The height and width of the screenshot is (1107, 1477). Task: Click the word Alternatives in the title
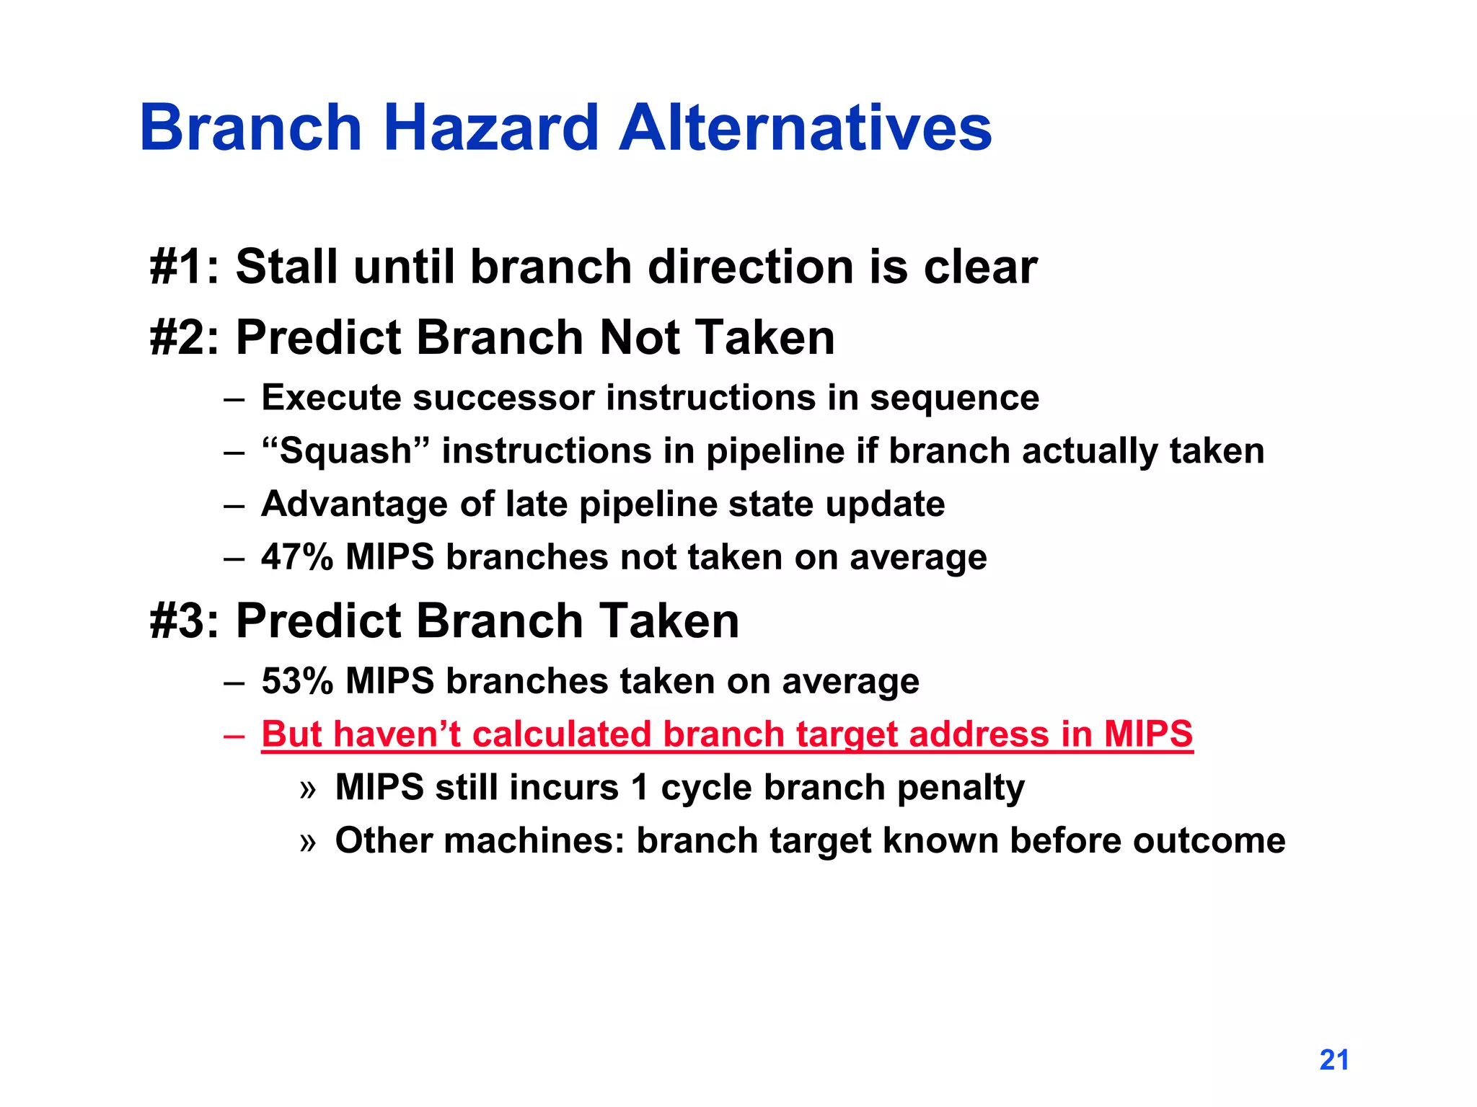805,128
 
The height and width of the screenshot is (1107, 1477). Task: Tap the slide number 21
1333,1059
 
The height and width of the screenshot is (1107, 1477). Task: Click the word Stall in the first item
286,267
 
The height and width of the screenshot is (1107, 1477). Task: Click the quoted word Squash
345,451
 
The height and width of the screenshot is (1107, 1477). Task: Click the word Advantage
354,504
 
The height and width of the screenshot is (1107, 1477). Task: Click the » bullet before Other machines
308,841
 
